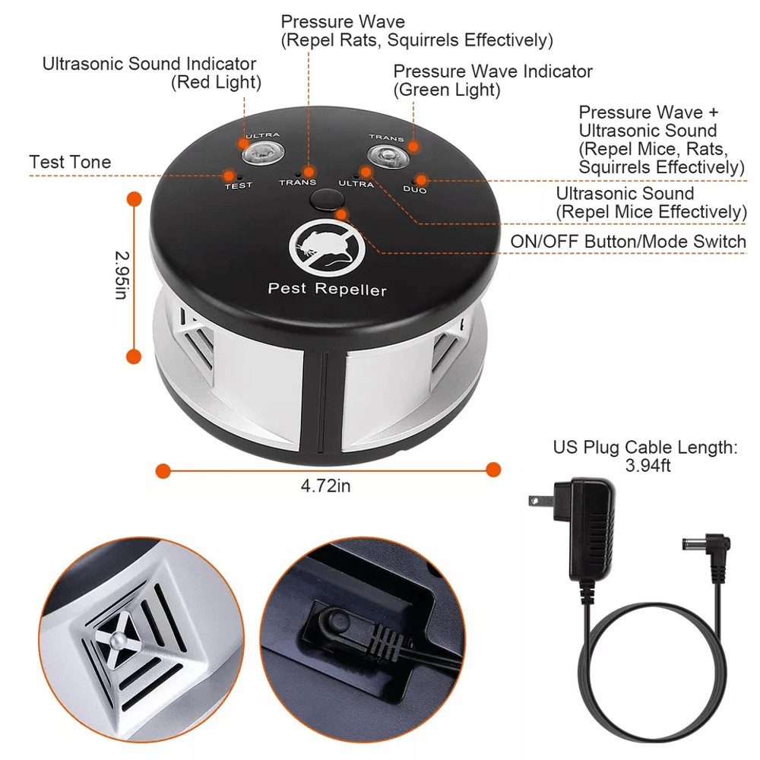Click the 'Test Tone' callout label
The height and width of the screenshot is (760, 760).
tap(70, 162)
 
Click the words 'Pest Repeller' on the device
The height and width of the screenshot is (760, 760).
tap(328, 289)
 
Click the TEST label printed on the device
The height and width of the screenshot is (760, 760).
tap(238, 185)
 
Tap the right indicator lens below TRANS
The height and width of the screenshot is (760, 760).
tap(386, 157)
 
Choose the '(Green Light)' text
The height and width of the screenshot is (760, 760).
tap(446, 90)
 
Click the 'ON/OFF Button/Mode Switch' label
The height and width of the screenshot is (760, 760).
tap(628, 242)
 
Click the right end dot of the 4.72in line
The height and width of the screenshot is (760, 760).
tap(493, 470)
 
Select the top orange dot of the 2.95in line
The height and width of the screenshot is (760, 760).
tap(135, 199)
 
